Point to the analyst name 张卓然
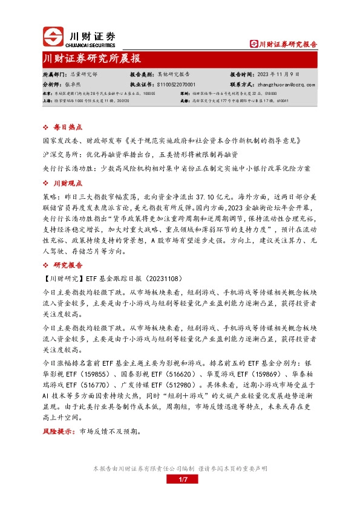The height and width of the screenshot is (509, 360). tap(73, 85)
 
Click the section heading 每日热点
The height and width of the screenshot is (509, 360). tap(67, 128)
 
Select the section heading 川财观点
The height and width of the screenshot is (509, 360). tap(67, 183)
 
